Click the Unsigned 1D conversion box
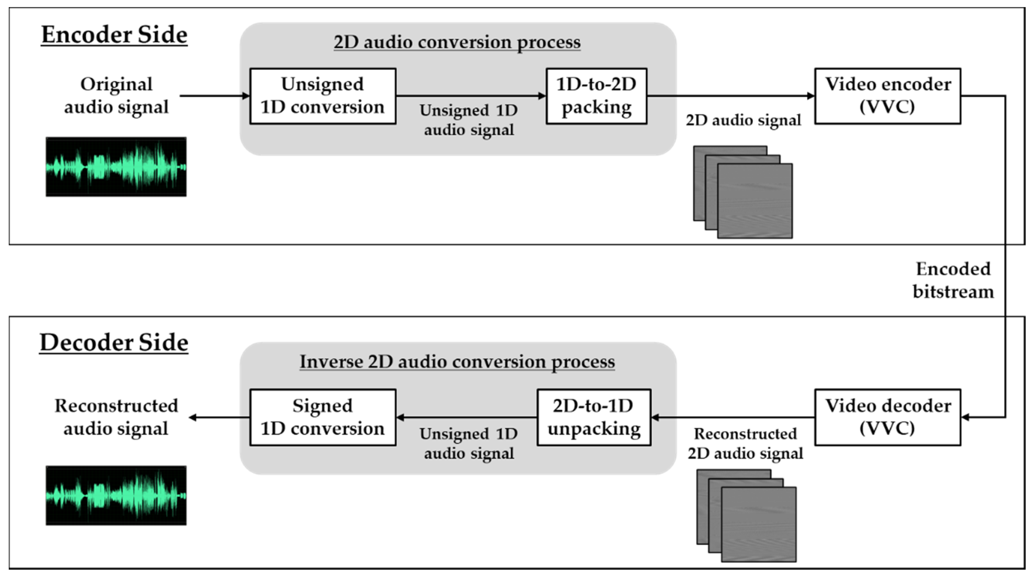(323, 96)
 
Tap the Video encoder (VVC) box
(888, 96)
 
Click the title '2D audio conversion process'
(457, 42)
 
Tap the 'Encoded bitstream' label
(953, 280)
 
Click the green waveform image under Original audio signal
(116, 167)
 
